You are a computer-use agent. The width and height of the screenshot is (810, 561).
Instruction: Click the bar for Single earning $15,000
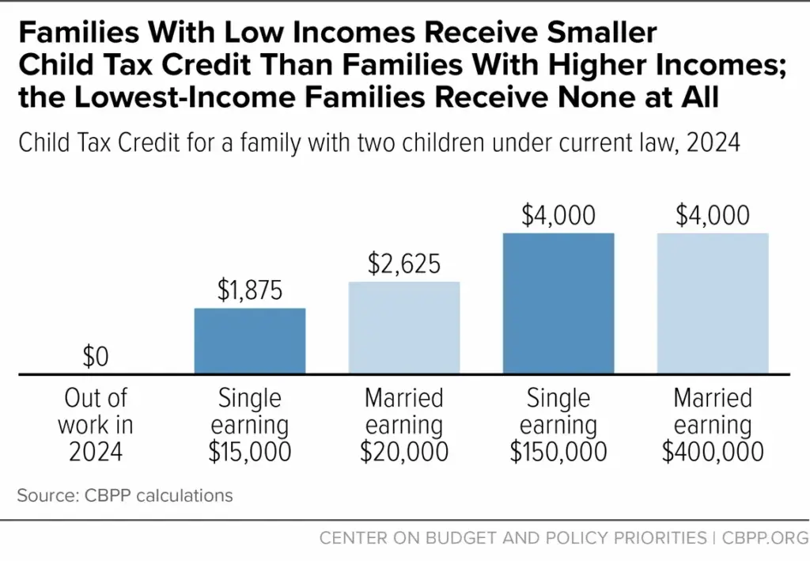pos(250,340)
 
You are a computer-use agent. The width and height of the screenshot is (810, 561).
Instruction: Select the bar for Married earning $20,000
pos(404,327)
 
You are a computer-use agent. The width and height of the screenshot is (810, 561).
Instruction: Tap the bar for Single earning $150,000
pos(558,302)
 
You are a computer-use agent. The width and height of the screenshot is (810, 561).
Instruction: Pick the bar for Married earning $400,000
pos(713,302)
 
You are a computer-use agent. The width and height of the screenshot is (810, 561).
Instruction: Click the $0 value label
pos(96,358)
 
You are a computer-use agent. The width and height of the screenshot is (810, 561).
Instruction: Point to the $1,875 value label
pos(250,290)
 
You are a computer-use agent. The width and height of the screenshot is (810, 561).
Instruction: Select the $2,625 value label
pos(404,264)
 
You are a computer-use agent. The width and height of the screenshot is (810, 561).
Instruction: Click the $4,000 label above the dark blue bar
pos(558,216)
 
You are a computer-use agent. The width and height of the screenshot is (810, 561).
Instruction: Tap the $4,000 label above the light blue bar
pos(713,216)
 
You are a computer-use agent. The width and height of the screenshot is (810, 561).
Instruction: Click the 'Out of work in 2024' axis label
pos(96,425)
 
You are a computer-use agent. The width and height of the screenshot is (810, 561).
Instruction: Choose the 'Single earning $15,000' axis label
pos(250,425)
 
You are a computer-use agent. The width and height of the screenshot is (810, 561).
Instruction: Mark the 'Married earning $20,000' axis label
pos(404,425)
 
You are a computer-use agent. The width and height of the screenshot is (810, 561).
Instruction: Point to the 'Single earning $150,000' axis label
pos(558,425)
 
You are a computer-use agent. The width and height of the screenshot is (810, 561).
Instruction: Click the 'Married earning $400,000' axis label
pos(713,425)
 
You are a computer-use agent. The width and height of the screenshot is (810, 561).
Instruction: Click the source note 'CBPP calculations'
pos(125,496)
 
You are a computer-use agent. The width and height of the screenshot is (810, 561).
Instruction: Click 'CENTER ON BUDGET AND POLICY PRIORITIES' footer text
pos(513,538)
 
